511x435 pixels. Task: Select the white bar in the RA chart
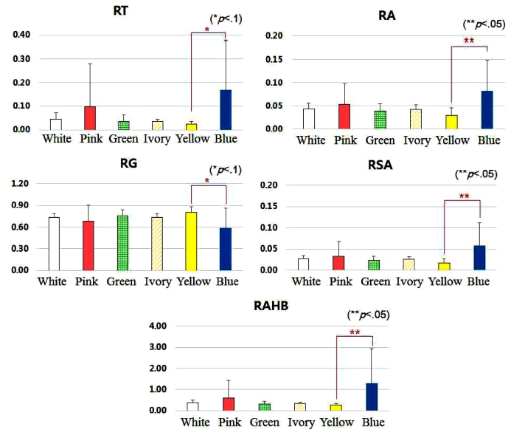point(308,118)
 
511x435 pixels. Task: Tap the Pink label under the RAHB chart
point(232,422)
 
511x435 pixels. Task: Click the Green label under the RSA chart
point(376,281)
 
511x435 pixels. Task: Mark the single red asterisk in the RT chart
point(207,30)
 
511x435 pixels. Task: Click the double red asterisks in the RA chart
point(467,41)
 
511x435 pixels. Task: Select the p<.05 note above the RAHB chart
point(369,314)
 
